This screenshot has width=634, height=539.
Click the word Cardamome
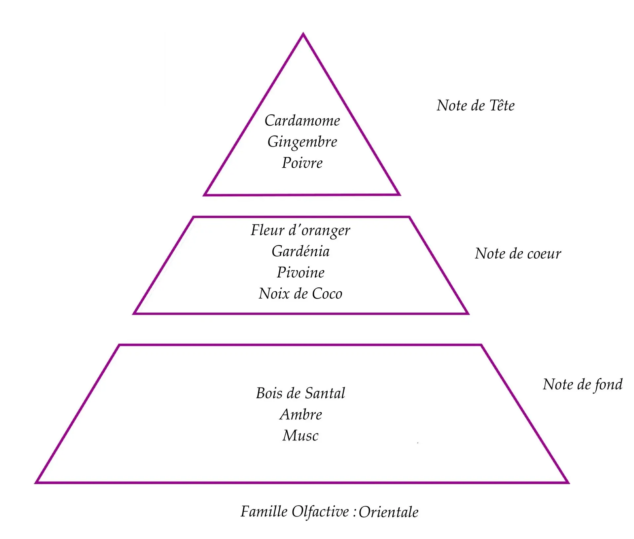click(x=302, y=120)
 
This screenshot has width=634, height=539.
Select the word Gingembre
click(x=302, y=142)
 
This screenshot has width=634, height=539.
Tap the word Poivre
click(x=302, y=163)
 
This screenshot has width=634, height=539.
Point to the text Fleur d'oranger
click(x=300, y=230)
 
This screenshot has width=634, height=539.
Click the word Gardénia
click(x=300, y=251)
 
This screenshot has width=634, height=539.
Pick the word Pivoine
click(x=300, y=272)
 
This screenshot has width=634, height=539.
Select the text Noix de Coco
click(x=300, y=294)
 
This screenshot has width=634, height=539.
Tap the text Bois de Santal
click(x=300, y=393)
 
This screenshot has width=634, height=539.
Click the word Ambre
click(x=301, y=414)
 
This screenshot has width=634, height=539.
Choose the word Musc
click(x=300, y=435)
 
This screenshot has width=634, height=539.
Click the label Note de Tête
click(x=475, y=106)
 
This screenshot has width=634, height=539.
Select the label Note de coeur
click(x=518, y=254)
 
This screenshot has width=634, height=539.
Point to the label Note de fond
click(x=582, y=385)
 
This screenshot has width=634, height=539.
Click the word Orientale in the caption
click(x=389, y=512)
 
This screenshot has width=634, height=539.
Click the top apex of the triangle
click(x=303, y=34)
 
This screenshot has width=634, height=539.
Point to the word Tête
click(x=502, y=106)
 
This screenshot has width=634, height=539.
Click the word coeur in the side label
click(x=544, y=254)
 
